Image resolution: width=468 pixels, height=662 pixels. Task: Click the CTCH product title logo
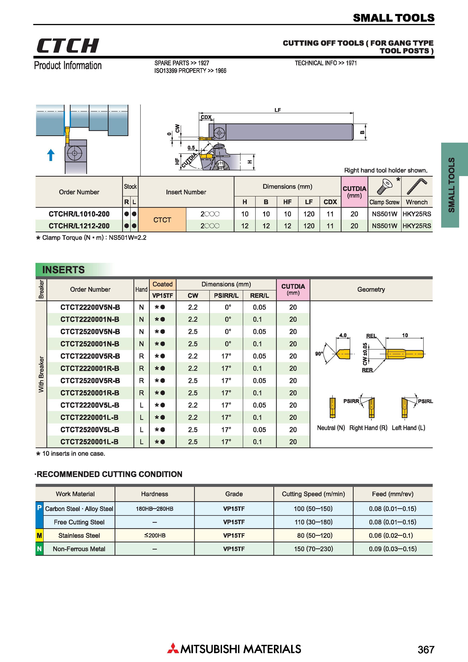(x=68, y=46)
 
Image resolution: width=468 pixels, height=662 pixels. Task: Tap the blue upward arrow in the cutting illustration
(x=51, y=155)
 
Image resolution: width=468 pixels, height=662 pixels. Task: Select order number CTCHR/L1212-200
(x=79, y=226)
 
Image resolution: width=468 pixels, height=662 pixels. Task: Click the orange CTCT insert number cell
(x=162, y=220)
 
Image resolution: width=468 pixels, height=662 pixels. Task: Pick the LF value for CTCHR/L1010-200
(x=309, y=214)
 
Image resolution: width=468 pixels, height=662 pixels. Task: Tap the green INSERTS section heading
(x=63, y=270)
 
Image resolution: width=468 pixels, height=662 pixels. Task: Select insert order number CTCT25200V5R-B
(x=90, y=381)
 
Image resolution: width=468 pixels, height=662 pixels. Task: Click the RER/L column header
(x=260, y=296)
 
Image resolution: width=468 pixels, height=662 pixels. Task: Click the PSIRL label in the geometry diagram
(x=425, y=401)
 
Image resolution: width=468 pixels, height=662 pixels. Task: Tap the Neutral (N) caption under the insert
(x=331, y=428)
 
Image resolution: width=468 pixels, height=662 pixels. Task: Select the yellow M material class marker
(x=39, y=535)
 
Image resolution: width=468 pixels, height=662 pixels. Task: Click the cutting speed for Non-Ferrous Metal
(x=313, y=549)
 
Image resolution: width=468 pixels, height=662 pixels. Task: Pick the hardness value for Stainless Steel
(x=155, y=535)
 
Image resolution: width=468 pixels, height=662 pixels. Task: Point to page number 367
(x=426, y=649)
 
